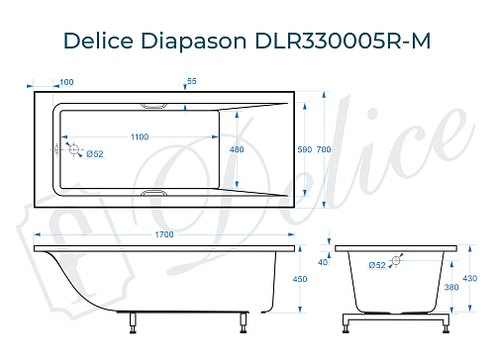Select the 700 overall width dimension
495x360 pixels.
point(323,149)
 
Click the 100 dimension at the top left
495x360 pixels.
point(67,81)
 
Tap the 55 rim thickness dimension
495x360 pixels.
point(192,81)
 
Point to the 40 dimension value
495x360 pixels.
point(323,262)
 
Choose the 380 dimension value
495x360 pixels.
point(451,288)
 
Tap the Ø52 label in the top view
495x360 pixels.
point(95,153)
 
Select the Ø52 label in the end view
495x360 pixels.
point(377,265)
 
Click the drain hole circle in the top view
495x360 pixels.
point(71,148)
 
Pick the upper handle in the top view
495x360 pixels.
point(156,106)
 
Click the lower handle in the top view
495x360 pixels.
point(156,192)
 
